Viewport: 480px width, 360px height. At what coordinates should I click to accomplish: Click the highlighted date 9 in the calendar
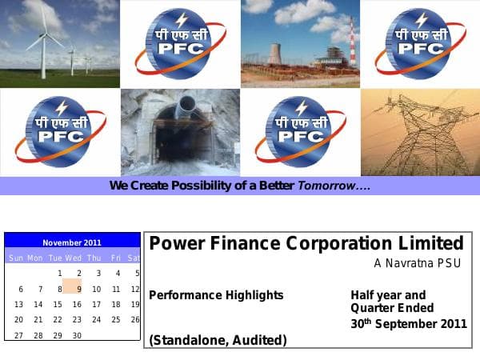pyautogui.click(x=78, y=289)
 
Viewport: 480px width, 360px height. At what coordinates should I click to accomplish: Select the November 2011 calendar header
pyautogui.click(x=72, y=242)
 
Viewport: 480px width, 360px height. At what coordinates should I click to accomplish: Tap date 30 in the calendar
pyautogui.click(x=77, y=336)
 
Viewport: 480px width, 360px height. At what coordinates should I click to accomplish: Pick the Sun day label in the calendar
pyautogui.click(x=17, y=258)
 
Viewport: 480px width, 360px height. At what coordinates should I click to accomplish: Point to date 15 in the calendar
pyautogui.click(x=58, y=305)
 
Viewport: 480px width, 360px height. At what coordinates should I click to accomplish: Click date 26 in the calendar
pyautogui.click(x=135, y=320)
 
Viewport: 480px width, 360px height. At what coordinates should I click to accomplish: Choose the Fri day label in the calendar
pyautogui.click(x=116, y=258)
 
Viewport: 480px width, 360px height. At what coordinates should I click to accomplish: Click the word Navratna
pyautogui.click(x=407, y=263)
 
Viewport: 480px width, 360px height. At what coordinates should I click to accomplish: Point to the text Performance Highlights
pyautogui.click(x=216, y=295)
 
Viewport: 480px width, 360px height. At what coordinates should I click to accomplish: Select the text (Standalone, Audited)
pyautogui.click(x=218, y=341)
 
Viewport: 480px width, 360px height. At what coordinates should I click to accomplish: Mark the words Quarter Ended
pyautogui.click(x=392, y=308)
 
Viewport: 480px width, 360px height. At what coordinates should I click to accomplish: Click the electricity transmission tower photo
pyautogui.click(x=420, y=132)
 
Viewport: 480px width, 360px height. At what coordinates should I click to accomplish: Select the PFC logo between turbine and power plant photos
pyautogui.click(x=180, y=44)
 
